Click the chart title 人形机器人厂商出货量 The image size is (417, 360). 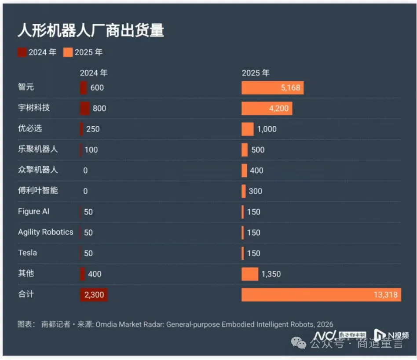point(91,30)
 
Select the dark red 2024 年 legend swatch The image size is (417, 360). point(22,52)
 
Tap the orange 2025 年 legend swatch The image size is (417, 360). point(68,52)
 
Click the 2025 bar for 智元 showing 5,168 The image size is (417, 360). point(272,87)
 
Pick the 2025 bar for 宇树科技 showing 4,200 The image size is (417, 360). point(267,108)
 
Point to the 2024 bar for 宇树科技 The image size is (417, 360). point(84,108)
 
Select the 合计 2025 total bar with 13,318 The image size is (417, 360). point(321,295)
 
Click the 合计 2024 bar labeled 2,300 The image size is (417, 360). point(94,295)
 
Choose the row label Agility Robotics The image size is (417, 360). point(46,232)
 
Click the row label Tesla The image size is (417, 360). point(27,253)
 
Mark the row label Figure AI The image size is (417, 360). point(34,211)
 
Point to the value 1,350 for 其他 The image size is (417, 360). point(271,274)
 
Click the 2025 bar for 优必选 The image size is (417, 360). point(248,129)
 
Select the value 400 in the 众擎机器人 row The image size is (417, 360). point(256,171)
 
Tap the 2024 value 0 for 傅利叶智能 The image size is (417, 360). point(85,191)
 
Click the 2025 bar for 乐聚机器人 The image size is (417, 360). point(245,149)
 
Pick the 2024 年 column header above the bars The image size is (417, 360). point(94,73)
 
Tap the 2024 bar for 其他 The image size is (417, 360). point(82,274)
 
